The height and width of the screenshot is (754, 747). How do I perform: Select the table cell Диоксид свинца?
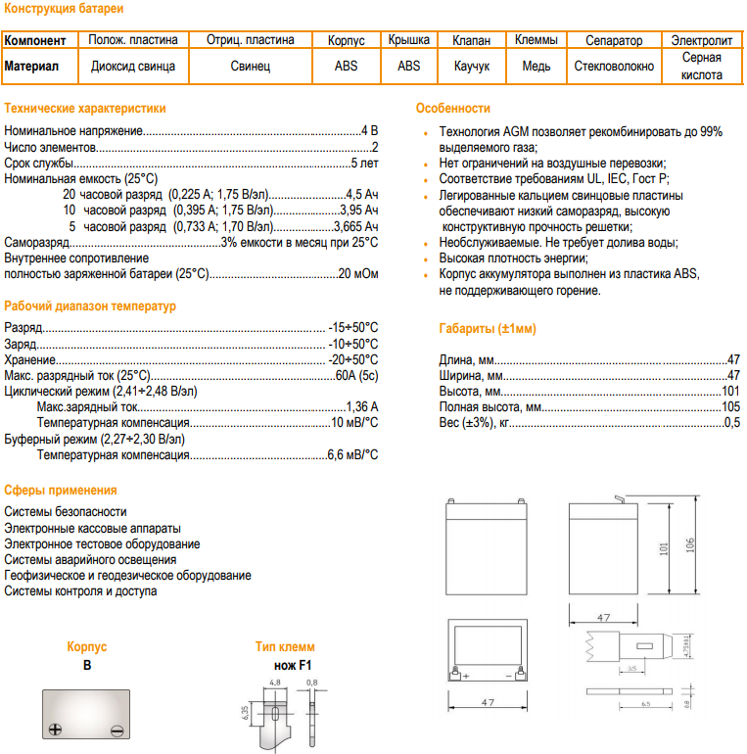pos(133,67)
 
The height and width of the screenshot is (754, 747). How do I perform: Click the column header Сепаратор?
pos(614,40)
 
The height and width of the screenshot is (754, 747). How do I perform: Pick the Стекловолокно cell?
pos(614,67)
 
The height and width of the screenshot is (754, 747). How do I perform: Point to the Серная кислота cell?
pos(702,67)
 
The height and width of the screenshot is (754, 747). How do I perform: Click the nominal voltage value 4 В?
pos(369,130)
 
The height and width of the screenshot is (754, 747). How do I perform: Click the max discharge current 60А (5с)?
pos(356,375)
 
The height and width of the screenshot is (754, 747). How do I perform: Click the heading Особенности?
pos(452,108)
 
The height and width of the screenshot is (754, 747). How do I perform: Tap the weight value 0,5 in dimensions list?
pos(732,422)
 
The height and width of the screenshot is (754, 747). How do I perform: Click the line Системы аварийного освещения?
pos(78,559)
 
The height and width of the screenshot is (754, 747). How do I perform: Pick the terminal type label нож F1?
pos(285,665)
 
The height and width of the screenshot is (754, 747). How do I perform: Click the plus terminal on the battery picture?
pos(57,729)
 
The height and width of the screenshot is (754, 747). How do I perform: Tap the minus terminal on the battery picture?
pos(116,729)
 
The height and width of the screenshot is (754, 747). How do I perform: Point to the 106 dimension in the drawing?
pos(690,545)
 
